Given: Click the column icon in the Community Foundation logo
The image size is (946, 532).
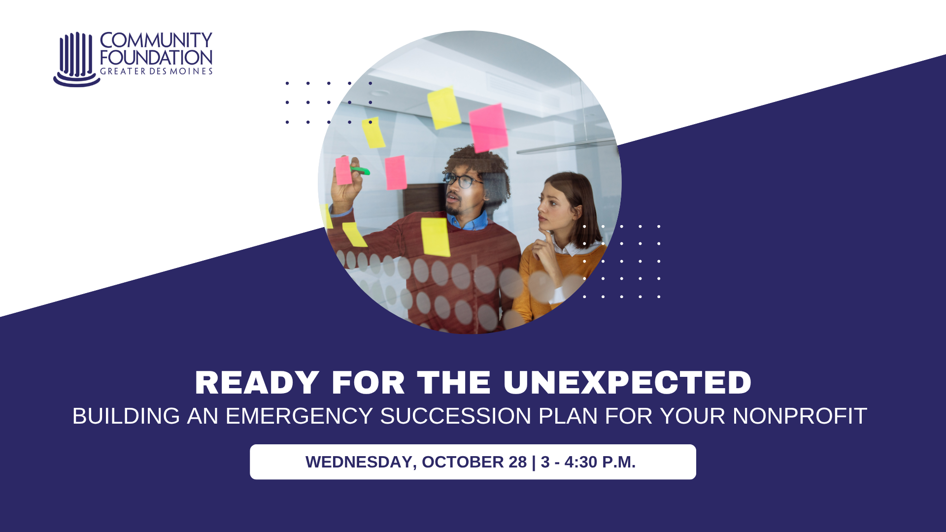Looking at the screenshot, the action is click(77, 59).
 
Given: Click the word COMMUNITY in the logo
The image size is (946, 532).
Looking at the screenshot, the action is click(156, 40).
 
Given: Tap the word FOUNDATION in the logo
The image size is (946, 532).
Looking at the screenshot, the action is click(156, 58).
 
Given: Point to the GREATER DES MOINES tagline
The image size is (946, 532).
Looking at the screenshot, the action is click(156, 71).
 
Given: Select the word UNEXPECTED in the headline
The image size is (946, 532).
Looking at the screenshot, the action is click(627, 383).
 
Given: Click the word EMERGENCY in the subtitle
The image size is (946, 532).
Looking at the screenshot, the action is click(299, 416).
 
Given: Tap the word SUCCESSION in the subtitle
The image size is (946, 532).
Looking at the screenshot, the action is click(456, 416).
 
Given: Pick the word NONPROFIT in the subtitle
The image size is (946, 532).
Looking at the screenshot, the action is click(800, 416).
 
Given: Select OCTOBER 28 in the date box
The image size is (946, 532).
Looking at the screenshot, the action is click(474, 462).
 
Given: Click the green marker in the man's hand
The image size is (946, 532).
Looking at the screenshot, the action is click(360, 170).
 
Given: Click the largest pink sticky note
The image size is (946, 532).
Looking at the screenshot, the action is click(488, 128).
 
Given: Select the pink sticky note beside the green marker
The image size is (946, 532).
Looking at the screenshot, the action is click(343, 170).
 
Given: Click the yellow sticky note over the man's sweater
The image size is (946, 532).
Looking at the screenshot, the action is click(436, 237).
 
